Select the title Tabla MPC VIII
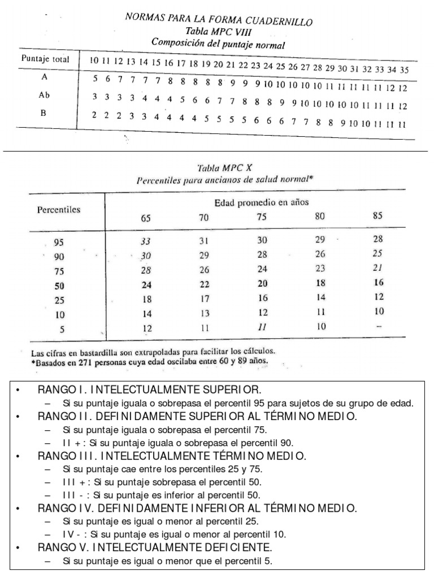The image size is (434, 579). coord(218,32)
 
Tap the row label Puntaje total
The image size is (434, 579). coord(45,59)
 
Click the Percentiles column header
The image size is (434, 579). coord(59,209)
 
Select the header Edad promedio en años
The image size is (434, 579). coord(261,202)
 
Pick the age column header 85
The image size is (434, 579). coord(378,215)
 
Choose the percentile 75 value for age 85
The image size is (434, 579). coord(378,269)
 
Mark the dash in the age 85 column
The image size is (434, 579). coord(378,326)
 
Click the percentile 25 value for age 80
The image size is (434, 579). coord(320,297)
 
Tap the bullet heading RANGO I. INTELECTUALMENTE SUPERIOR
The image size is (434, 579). coord(149,390)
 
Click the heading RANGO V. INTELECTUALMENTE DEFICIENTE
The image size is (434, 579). coord(155,548)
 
